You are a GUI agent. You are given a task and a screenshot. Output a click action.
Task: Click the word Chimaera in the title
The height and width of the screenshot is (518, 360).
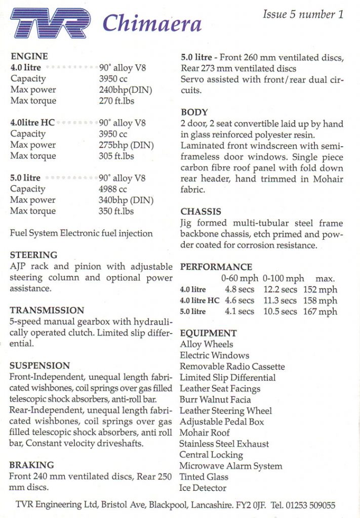(x=152, y=23)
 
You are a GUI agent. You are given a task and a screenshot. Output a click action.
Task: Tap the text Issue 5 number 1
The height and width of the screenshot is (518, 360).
(x=303, y=14)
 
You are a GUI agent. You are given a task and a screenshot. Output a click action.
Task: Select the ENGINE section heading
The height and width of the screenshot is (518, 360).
(x=29, y=57)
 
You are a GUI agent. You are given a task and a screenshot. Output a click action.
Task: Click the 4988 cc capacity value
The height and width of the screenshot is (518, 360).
(x=113, y=189)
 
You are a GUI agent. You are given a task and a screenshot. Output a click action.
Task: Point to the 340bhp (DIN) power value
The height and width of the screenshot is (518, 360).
(x=126, y=200)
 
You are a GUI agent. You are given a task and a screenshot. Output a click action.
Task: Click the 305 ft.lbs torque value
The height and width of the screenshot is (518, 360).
(x=116, y=156)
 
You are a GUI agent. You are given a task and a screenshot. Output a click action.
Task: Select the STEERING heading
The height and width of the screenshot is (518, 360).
(x=33, y=255)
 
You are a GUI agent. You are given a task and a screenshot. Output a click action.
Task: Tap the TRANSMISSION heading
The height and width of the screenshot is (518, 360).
(x=47, y=311)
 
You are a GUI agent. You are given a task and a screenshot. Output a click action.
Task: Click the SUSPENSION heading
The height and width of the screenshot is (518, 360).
(x=39, y=366)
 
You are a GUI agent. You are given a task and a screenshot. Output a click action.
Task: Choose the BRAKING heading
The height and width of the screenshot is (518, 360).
(x=32, y=465)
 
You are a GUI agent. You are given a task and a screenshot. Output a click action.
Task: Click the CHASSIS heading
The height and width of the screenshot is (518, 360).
(x=201, y=212)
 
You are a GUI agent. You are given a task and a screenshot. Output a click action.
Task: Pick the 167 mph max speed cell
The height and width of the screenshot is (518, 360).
(x=320, y=312)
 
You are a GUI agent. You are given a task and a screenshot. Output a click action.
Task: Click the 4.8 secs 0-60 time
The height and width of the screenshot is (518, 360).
(x=239, y=290)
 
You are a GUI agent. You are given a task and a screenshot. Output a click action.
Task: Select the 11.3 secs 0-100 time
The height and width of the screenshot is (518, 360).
(x=280, y=300)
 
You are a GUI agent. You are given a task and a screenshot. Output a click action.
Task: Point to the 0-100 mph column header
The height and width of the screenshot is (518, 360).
(x=284, y=279)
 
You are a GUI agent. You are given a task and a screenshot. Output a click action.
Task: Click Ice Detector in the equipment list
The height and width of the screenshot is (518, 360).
(x=203, y=488)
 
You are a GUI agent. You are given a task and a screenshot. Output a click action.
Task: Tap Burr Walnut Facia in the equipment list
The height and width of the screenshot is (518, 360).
(x=215, y=400)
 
